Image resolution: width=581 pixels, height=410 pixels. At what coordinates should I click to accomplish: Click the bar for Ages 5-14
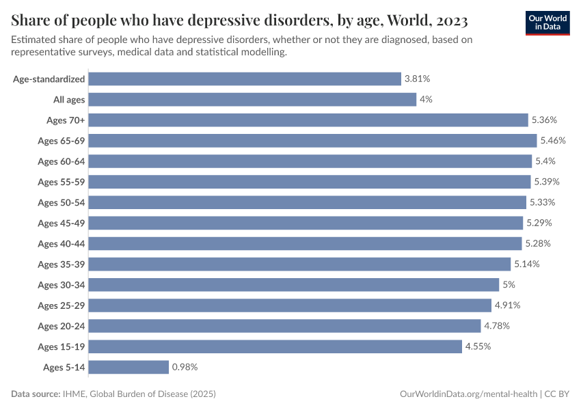pyautogui.click(x=129, y=367)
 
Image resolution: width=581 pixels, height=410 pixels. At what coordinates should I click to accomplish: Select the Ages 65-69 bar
pyautogui.click(x=312, y=141)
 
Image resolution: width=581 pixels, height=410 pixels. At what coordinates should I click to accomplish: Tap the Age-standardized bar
pyautogui.click(x=245, y=79)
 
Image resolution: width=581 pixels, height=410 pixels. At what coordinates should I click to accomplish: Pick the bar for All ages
pyautogui.click(x=252, y=100)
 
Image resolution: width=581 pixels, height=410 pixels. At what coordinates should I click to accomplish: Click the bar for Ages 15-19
pyautogui.click(x=275, y=346)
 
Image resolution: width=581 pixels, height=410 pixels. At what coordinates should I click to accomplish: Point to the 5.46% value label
pyautogui.click(x=554, y=141)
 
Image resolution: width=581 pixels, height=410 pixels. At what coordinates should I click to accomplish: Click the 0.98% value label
pyautogui.click(x=185, y=367)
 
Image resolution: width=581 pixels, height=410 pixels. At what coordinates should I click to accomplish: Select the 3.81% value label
pyautogui.click(x=417, y=79)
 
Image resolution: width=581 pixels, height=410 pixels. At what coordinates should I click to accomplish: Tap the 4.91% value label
pyautogui.click(x=508, y=305)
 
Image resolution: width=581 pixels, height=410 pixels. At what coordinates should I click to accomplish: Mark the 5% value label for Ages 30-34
pyautogui.click(x=509, y=285)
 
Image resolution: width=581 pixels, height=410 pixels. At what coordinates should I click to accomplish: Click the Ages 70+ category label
pyautogui.click(x=66, y=120)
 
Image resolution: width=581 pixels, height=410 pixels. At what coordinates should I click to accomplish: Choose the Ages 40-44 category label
pyautogui.click(x=62, y=244)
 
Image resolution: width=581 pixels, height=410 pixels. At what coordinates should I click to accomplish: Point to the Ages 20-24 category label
pyautogui.click(x=62, y=326)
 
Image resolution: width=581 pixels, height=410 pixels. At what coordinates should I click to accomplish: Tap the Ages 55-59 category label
pyautogui.click(x=62, y=182)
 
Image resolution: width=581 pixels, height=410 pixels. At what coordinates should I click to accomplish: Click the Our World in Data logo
pyautogui.click(x=547, y=23)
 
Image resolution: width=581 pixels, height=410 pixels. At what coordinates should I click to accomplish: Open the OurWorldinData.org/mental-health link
pyautogui.click(x=468, y=394)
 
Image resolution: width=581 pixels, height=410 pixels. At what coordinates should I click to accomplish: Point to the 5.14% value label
pyautogui.click(x=527, y=264)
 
